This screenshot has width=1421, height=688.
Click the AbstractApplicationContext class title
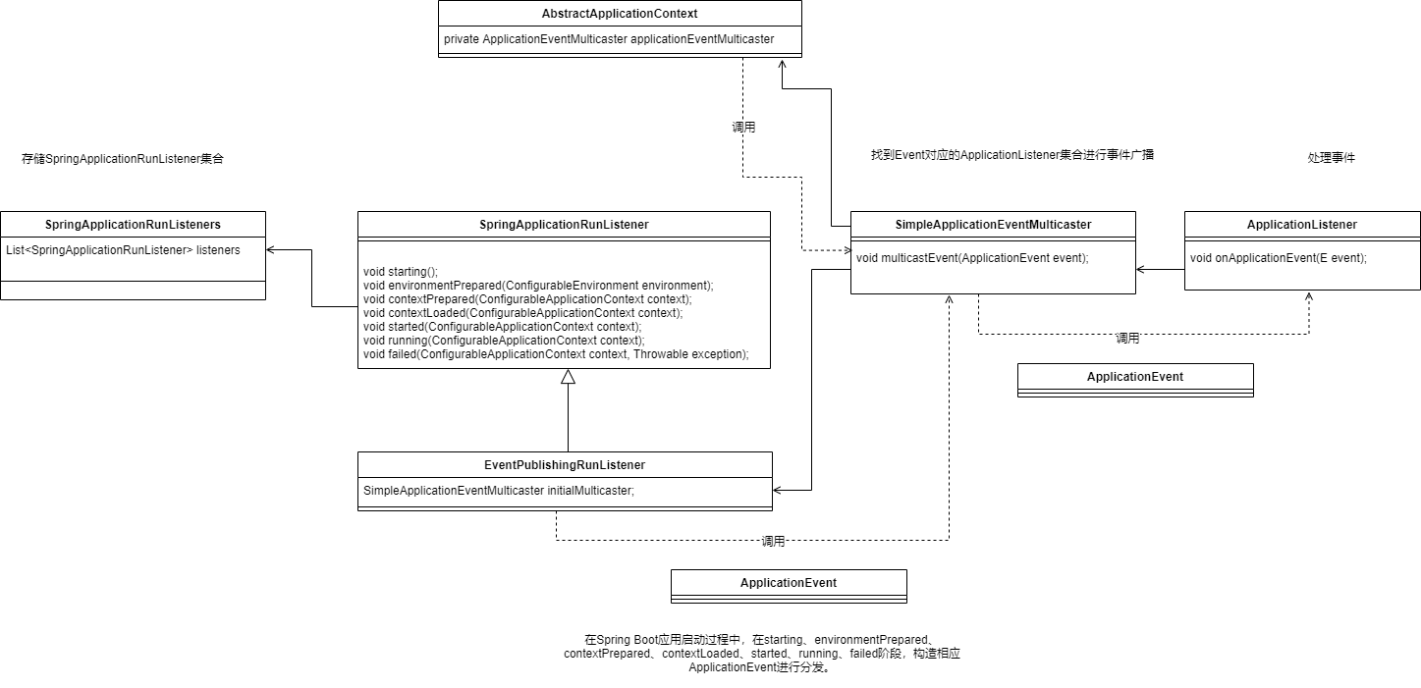pyautogui.click(x=619, y=14)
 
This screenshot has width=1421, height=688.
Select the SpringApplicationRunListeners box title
pyautogui.click(x=133, y=225)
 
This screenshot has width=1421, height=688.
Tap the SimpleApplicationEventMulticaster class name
pyautogui.click(x=993, y=225)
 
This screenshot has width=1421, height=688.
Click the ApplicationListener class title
pyautogui.click(x=1302, y=225)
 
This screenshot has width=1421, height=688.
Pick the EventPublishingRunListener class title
pyautogui.click(x=565, y=465)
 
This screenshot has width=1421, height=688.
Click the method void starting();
pyautogui.click(x=401, y=272)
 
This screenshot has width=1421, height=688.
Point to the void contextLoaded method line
pyautogui.click(x=522, y=313)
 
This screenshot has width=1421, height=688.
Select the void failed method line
pyautogui.click(x=556, y=354)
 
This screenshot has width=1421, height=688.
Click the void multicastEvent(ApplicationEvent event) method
pyautogui.click(x=972, y=257)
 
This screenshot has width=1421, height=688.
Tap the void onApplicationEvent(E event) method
pyautogui.click(x=1279, y=257)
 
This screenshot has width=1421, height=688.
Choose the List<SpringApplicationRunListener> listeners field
pyautogui.click(x=123, y=250)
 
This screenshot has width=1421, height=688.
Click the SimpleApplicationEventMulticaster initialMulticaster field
pyautogui.click(x=499, y=490)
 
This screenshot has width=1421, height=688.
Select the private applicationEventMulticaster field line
pyautogui.click(x=609, y=38)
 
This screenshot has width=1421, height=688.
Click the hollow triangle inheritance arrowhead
pyautogui.click(x=568, y=377)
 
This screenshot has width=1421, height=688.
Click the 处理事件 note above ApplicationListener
pyautogui.click(x=1331, y=157)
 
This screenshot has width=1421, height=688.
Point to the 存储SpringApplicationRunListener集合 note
pyautogui.click(x=123, y=159)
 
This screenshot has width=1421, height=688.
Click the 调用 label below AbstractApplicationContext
pyautogui.click(x=743, y=127)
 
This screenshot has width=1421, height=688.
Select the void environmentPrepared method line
pyautogui.click(x=538, y=286)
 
